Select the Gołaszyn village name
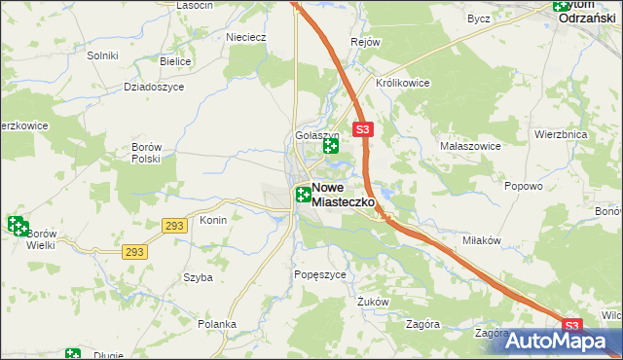(x=316, y=136)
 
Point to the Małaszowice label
(x=470, y=145)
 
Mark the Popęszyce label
(x=319, y=275)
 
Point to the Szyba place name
(x=198, y=277)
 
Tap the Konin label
(x=213, y=220)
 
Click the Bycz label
(x=478, y=18)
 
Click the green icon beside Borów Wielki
(x=18, y=226)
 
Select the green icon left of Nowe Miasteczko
(x=303, y=194)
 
